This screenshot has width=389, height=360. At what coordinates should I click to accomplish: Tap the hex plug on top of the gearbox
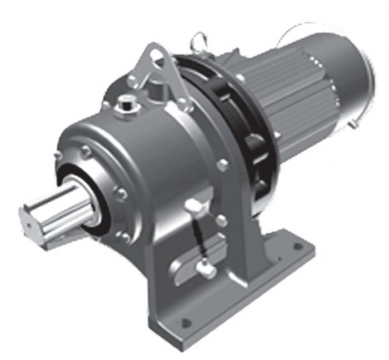pyautogui.click(x=127, y=104)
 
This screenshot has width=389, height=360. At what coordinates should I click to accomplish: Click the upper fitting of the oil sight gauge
pyautogui.click(x=195, y=207)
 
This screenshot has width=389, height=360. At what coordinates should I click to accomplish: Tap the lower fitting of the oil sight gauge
pyautogui.click(x=206, y=271)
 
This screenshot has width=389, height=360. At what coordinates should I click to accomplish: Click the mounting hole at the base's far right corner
pyautogui.click(x=298, y=245)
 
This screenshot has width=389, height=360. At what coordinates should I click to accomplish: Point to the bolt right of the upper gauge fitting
pyautogui.click(x=221, y=221)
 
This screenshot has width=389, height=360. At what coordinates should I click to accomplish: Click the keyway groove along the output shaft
pyautogui.click(x=61, y=206)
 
